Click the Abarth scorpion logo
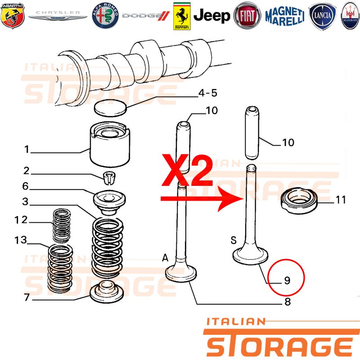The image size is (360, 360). tap(13, 16)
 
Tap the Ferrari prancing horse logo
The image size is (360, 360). tap(182, 16)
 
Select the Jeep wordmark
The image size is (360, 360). tap(211, 16)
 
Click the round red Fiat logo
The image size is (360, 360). tap(247, 16)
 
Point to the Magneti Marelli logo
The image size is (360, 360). tap(285, 16)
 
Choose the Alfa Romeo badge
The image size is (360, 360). tap(105, 16)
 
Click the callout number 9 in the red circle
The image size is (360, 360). tap(287, 280)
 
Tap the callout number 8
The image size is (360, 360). tap(288, 301)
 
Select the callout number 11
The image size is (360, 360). tap(341, 200)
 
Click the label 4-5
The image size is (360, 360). tap(208, 93)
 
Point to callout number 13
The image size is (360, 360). tap(21, 240)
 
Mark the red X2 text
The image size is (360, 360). tap(187, 170)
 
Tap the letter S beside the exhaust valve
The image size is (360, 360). tap(234, 240)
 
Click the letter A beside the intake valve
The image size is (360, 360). tap(165, 258)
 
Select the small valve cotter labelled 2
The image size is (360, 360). tap(109, 177)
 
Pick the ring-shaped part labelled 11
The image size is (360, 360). tap(299, 200)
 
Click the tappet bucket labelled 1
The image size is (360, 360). tap(110, 144)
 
